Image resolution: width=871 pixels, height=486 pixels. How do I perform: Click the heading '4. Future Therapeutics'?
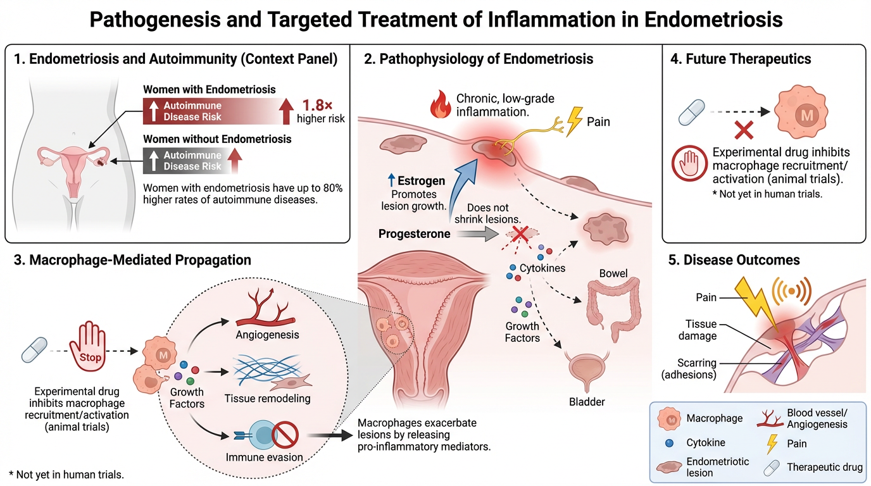click(739, 59)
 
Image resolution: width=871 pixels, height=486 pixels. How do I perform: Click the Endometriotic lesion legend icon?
click(668, 467)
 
